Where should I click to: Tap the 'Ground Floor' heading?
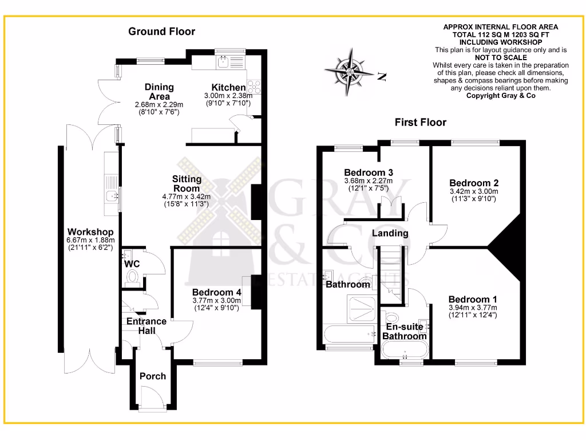[161, 32]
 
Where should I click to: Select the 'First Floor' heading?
[420, 122]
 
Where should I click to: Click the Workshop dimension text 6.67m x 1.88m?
[91, 240]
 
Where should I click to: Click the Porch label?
[153, 376]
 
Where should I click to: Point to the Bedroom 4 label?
[216, 292]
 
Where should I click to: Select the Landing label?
[390, 233]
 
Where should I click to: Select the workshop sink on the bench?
[111, 198]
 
